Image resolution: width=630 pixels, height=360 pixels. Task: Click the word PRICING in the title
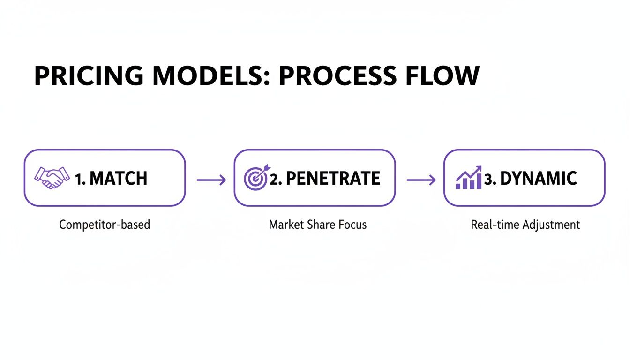(89, 75)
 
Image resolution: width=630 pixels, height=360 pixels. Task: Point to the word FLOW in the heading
(442, 75)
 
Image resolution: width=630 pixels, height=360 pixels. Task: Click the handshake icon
(52, 178)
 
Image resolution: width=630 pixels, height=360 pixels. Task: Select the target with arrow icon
(256, 177)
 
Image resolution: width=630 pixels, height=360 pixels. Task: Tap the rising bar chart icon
(469, 178)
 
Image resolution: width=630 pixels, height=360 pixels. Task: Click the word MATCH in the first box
(119, 178)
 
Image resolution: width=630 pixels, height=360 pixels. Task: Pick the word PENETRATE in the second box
(333, 178)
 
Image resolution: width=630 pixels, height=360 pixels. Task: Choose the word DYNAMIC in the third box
(539, 178)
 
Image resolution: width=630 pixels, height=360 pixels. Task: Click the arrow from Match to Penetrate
(211, 180)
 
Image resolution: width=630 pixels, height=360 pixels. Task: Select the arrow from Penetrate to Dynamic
(421, 180)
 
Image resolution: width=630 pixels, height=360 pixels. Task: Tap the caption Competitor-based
(105, 225)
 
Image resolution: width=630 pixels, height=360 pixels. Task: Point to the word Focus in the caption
(352, 225)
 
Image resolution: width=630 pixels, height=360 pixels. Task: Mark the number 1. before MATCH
(80, 179)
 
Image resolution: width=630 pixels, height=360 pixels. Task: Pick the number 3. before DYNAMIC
(490, 179)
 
